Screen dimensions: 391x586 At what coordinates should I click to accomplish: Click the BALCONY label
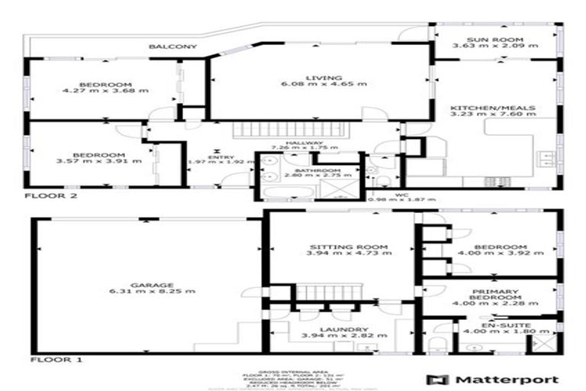point(173,47)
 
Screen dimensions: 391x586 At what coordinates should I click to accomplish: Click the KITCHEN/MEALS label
point(503,108)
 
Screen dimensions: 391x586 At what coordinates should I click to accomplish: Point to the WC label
point(404,195)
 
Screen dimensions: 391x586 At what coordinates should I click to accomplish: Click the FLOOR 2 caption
point(51,195)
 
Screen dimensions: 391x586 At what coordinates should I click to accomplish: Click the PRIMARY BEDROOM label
point(495,296)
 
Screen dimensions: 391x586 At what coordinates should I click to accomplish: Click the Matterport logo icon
point(436,379)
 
